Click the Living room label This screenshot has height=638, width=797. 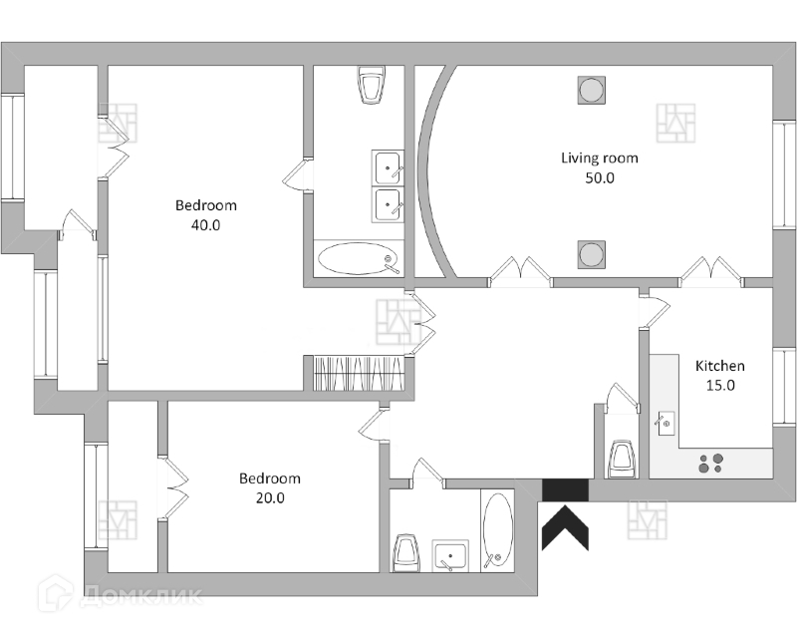(599, 158)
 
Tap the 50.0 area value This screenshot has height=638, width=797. (599, 178)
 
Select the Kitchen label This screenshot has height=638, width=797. (719, 366)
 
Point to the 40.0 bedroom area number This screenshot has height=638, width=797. (205, 225)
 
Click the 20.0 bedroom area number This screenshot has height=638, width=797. (269, 498)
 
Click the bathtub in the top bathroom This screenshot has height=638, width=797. (358, 260)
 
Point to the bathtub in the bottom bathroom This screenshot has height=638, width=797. (497, 530)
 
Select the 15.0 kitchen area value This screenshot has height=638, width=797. (719, 386)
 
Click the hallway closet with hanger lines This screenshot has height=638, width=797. (358, 373)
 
